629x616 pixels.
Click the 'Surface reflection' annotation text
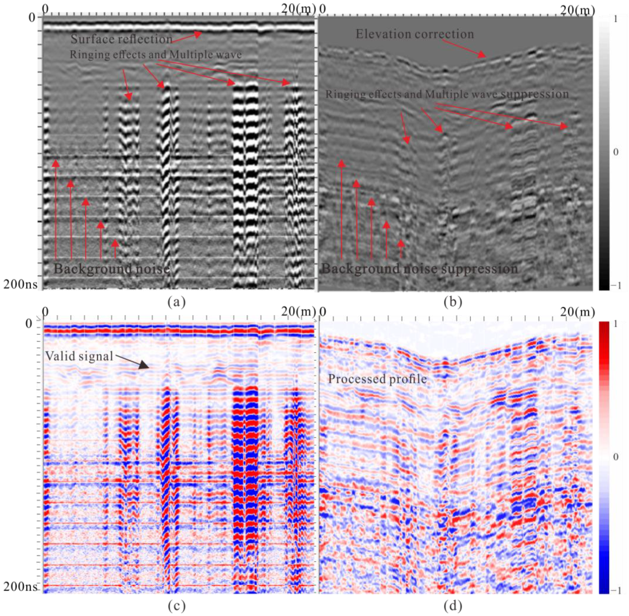point(121,39)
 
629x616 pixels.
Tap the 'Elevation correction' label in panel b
point(415,34)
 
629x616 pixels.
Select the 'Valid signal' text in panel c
point(79,356)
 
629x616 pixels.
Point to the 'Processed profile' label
point(377,379)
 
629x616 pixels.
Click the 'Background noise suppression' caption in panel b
point(420,269)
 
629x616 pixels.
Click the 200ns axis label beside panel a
point(20,284)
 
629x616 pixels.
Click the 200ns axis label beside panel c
point(20,586)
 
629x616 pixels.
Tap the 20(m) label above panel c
point(298,312)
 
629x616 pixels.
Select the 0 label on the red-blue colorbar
point(615,456)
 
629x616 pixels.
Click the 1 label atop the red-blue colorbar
point(615,324)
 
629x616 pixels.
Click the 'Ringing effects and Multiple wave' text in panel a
point(155,55)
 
